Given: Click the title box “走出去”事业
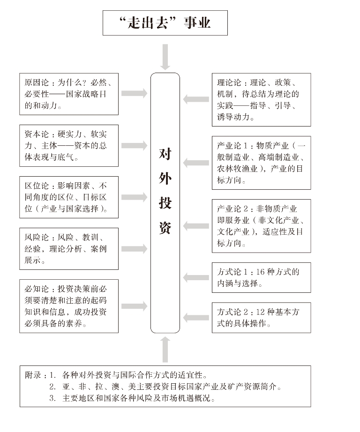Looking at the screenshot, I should (165, 23).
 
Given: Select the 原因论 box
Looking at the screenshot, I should (69, 94).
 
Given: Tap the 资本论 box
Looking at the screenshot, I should (69, 146).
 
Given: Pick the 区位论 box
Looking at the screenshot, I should (69, 197).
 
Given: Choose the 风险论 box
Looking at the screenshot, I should (69, 248).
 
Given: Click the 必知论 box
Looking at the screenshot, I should (69, 306).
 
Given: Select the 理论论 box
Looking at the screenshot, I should (261, 99).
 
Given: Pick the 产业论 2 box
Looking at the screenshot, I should (261, 226).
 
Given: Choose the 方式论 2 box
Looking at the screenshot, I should (261, 318).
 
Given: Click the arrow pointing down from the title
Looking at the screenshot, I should (165, 57).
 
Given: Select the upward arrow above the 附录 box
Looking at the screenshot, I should (165, 349).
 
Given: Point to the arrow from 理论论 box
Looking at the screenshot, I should (196, 99).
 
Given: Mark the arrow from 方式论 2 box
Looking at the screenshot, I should (196, 318).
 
